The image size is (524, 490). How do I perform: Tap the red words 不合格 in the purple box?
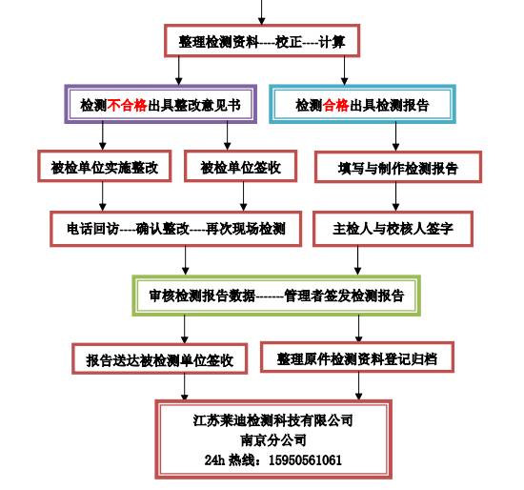click(x=127, y=106)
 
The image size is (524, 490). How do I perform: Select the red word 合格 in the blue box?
click(x=335, y=106)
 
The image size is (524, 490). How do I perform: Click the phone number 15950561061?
click(x=305, y=460)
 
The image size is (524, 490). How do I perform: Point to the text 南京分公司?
click(x=273, y=439)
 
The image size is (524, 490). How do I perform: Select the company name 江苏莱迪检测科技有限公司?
click(x=273, y=419)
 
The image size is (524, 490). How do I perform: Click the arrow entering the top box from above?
click(x=262, y=12)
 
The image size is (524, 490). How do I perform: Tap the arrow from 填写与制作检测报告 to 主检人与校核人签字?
click(x=395, y=197)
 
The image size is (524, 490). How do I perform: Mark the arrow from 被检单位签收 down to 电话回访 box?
click(x=244, y=196)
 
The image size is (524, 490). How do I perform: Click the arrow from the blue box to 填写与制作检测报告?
click(x=395, y=137)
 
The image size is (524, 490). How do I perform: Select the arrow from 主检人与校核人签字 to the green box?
click(x=357, y=261)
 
